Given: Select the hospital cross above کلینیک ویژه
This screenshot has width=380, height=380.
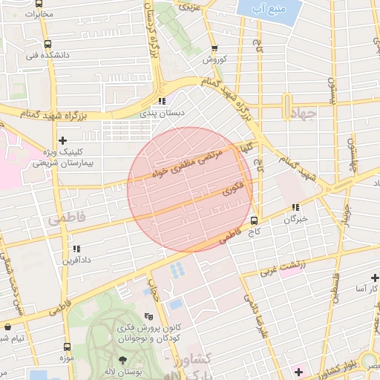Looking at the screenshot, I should coord(62,140).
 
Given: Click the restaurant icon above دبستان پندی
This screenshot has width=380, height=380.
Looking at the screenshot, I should coord(161,101).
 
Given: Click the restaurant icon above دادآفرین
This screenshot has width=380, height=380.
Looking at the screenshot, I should coord(75,249).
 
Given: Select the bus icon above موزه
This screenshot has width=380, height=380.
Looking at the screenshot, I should coord(68,347).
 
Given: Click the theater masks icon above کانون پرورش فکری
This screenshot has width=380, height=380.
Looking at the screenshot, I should coord(148,315).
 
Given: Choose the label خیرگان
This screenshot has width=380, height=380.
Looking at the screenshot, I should coord(295,220).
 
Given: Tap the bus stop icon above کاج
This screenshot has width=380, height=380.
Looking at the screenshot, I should coord(255,220).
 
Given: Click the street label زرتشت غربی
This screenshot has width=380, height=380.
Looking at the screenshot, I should coord(281,268).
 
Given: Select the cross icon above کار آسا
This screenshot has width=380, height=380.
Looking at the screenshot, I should coord(373,275).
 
